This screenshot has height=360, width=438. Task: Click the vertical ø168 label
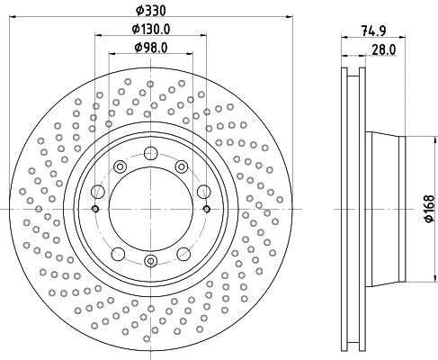click(x=429, y=209)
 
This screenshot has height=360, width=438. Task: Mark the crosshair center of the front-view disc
click(x=151, y=209)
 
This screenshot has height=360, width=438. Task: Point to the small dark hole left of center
click(x=95, y=209)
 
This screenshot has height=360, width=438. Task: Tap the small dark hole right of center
click(x=207, y=209)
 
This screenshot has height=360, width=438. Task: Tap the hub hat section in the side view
click(x=387, y=209)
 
